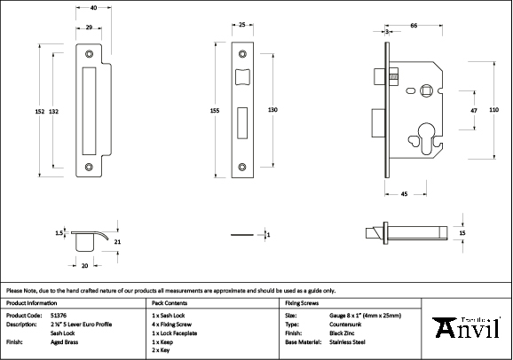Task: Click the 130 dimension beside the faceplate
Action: (273, 109)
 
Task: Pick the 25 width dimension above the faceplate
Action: (242, 26)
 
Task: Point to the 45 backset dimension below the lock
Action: (404, 192)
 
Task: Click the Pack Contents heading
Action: (170, 302)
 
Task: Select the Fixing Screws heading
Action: (302, 302)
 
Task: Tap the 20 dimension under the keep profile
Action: (84, 265)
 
